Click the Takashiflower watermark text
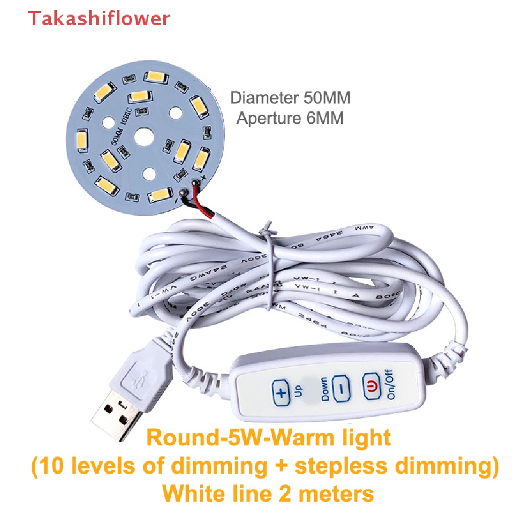(x=99, y=18)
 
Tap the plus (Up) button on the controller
(x=281, y=393)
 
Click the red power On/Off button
(x=371, y=386)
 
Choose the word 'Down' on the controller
(x=324, y=389)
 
